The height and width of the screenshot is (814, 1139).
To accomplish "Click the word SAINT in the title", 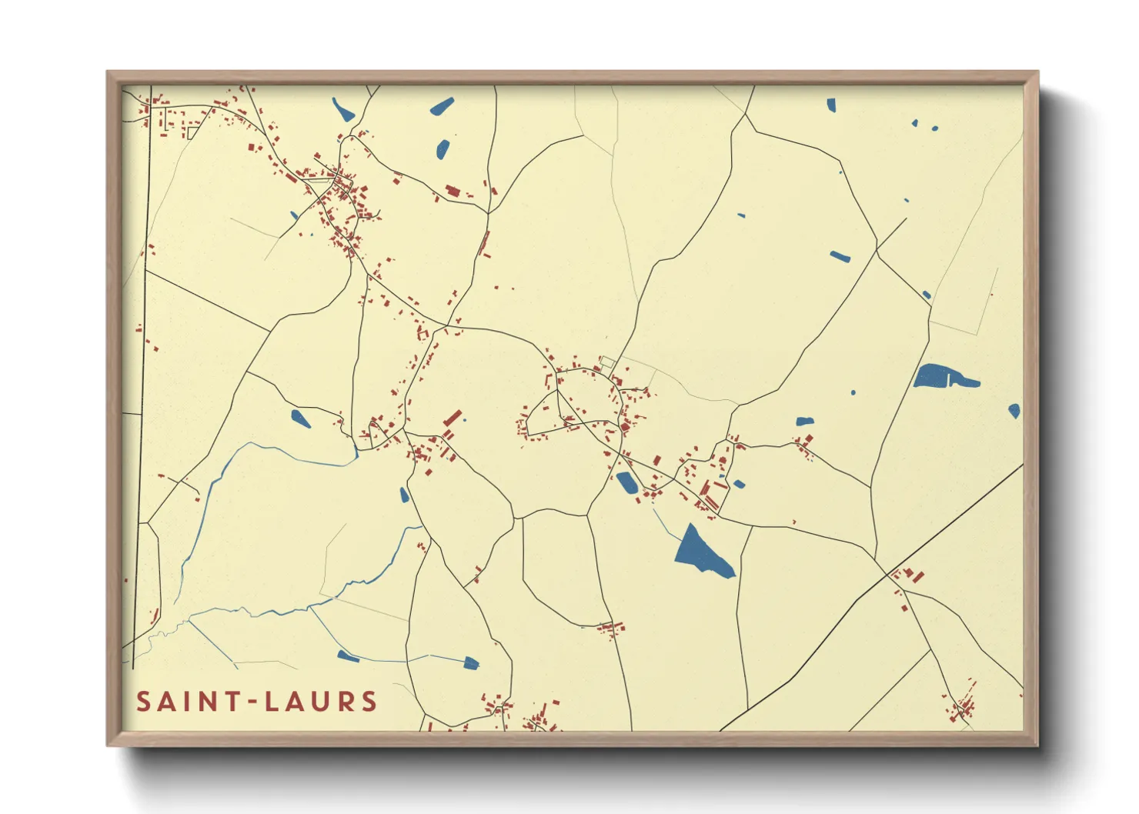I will (x=185, y=702).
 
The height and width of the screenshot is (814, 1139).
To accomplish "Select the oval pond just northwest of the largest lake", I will (x=626, y=482).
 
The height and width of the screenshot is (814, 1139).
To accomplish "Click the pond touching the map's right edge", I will (x=1014, y=411).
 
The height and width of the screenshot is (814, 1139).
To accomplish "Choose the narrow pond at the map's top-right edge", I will (x=831, y=105).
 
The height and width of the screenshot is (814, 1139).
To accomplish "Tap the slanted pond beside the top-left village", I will (x=342, y=110).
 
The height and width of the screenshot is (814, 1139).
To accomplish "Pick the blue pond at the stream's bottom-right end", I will (x=470, y=662).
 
